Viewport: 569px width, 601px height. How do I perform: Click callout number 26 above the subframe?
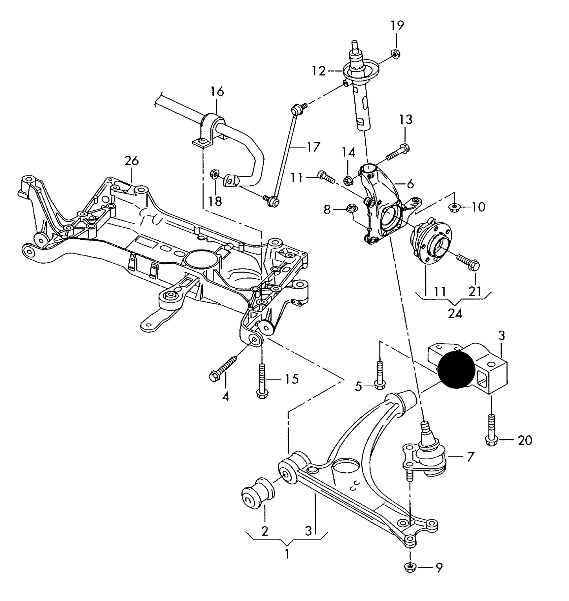point(132,161)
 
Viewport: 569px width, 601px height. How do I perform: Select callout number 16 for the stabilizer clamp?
point(217,91)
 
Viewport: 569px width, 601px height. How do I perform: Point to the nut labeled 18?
point(215,173)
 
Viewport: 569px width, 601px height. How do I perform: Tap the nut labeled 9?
point(410,567)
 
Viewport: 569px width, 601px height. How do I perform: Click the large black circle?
point(456,370)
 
